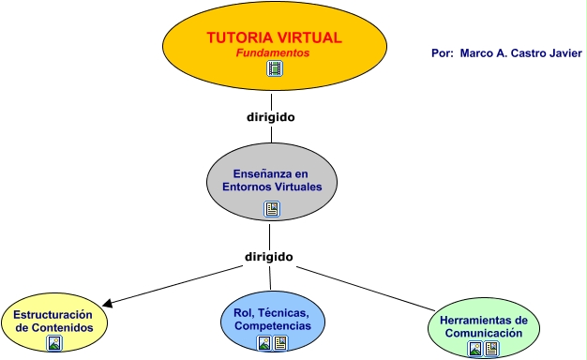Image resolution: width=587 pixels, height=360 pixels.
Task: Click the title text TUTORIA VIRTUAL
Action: tap(274, 38)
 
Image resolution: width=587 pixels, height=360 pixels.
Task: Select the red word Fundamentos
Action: tap(273, 53)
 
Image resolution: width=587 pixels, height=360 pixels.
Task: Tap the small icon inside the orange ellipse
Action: tap(274, 68)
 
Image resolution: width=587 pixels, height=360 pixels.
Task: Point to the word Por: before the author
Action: tap(443, 53)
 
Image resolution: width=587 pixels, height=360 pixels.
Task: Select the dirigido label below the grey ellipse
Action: tap(269, 256)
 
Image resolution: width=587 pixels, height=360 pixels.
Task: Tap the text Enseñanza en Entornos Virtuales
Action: tap(272, 180)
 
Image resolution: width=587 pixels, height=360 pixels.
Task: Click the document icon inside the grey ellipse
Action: tap(272, 208)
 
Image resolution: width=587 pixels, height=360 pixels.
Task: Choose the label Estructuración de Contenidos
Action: tap(54, 322)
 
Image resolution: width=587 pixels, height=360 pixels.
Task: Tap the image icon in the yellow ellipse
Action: tap(54, 343)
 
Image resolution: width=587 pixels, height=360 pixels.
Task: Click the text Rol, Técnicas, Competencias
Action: tap(273, 318)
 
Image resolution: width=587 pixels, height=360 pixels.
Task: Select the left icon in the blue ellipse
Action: tap(264, 343)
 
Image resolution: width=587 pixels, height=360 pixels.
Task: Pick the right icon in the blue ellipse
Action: tap(280, 343)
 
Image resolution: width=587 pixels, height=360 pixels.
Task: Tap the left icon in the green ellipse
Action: tap(475, 349)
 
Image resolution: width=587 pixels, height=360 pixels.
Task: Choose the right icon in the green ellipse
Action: tap(491, 349)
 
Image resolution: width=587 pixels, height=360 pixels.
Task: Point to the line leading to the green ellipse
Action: tap(375, 290)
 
